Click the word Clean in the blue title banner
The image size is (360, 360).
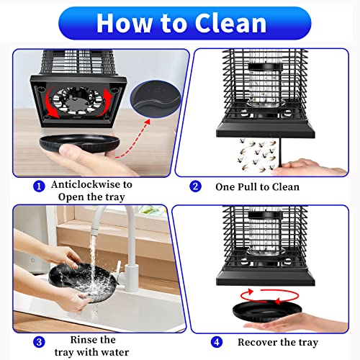click(x=230, y=23)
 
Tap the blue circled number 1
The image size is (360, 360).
click(x=39, y=186)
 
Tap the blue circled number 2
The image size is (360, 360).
click(x=195, y=186)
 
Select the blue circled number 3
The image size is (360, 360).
click(x=39, y=342)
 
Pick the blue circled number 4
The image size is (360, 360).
click(x=217, y=342)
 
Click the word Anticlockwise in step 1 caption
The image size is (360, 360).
click(x=85, y=184)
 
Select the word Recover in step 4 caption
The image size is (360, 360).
click(x=256, y=342)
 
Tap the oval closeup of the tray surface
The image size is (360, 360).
click(x=156, y=99)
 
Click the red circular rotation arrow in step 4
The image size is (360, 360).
click(x=269, y=296)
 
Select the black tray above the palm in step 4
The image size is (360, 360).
click(x=266, y=311)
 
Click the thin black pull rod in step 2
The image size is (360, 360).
click(x=281, y=153)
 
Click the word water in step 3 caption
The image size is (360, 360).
click(x=115, y=352)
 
